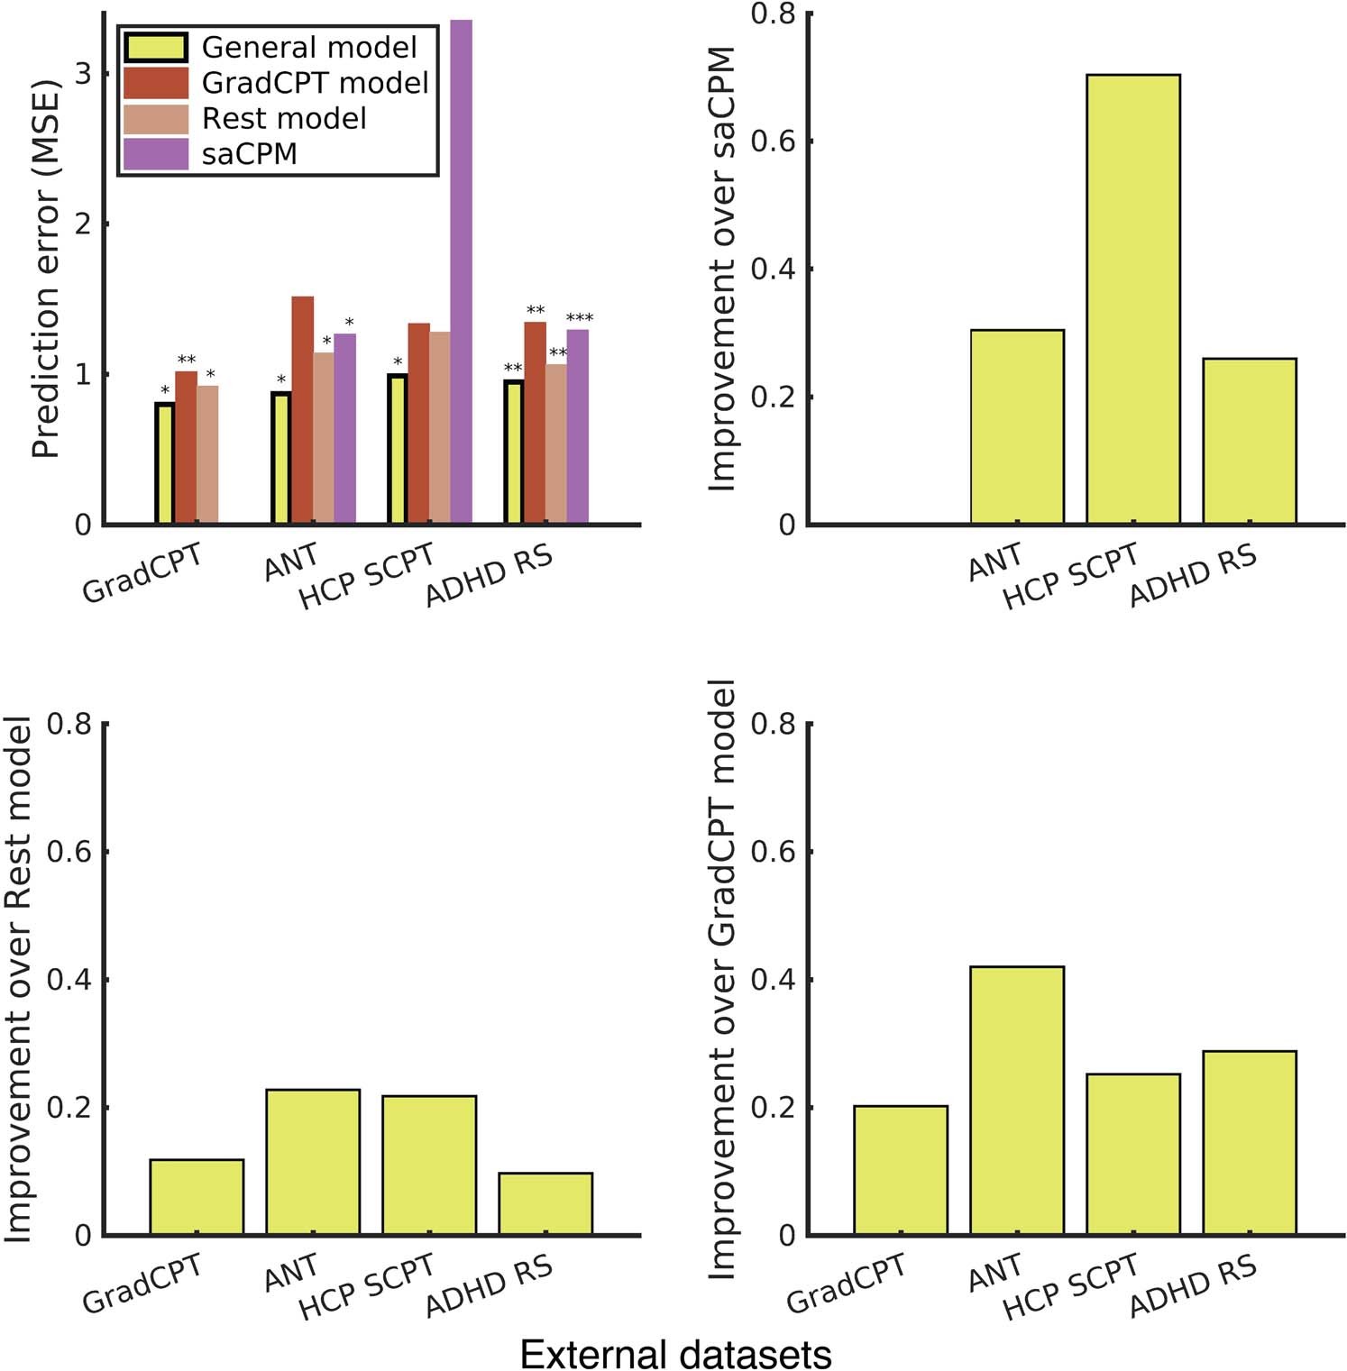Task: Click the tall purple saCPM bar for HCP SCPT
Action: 461,270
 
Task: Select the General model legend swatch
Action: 156,47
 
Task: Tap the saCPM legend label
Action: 250,154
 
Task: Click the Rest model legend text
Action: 284,118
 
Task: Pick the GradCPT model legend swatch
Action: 156,83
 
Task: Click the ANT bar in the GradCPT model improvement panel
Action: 1017,1100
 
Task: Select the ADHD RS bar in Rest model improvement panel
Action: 545,1203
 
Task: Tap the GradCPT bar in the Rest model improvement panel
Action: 197,1196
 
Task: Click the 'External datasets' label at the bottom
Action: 675,1353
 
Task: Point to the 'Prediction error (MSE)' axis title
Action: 45,270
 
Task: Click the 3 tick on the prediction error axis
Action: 84,74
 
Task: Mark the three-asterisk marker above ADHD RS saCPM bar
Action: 579,318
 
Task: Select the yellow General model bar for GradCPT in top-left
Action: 164,463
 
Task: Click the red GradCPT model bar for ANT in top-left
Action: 302,410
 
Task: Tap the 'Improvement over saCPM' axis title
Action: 722,270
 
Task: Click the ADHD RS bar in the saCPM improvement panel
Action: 1249,442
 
